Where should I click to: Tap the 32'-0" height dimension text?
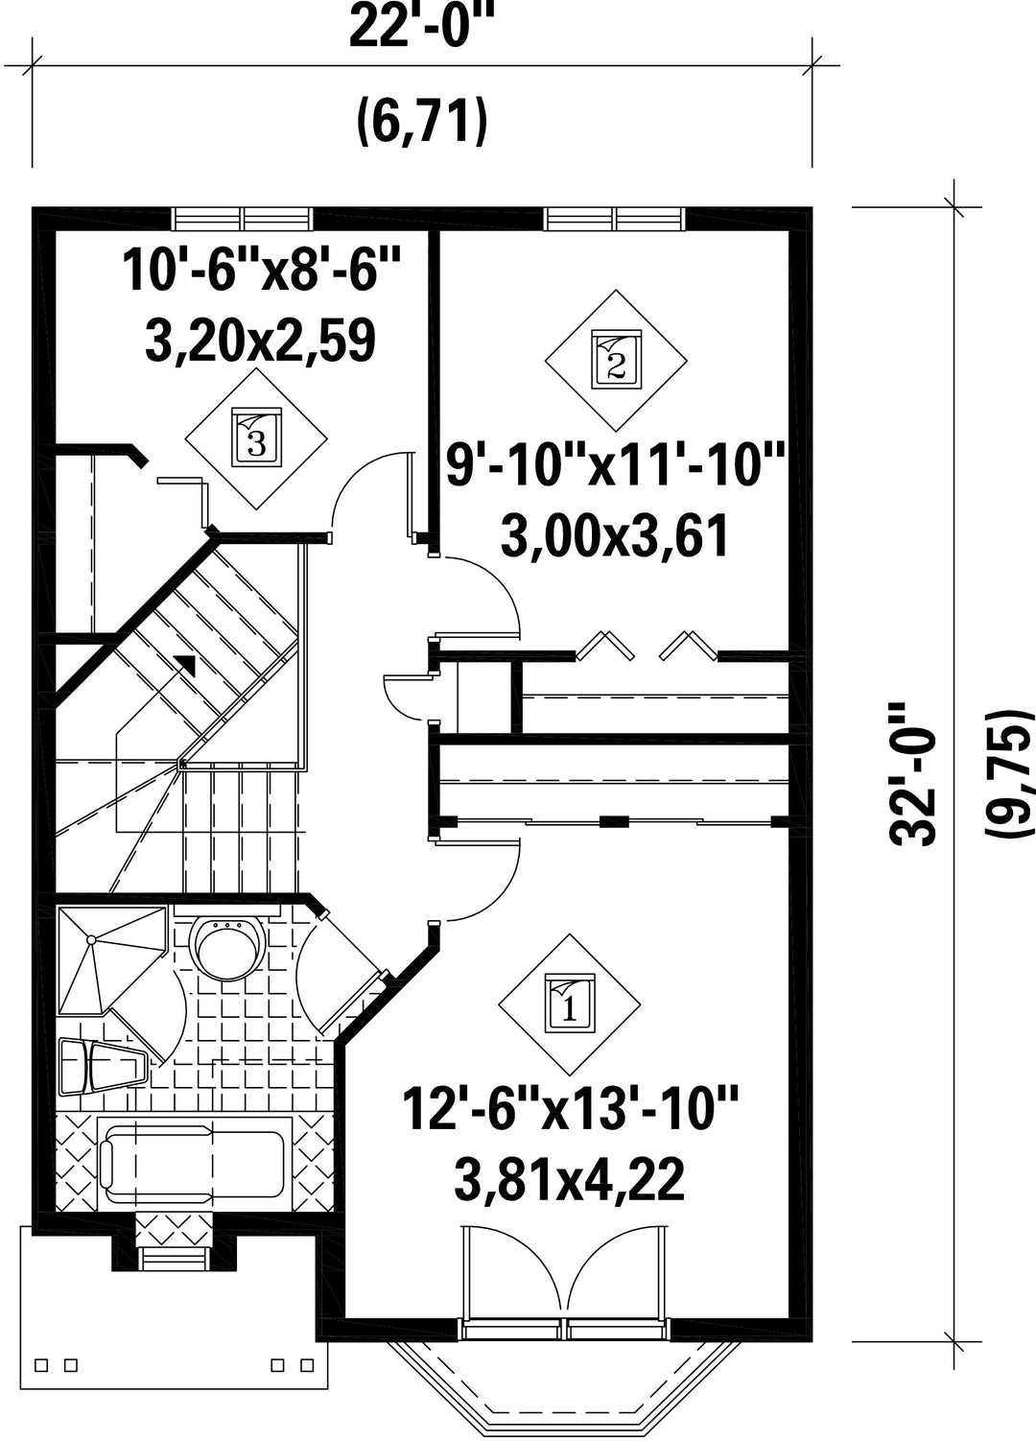click(x=913, y=774)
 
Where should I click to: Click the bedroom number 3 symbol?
click(x=256, y=438)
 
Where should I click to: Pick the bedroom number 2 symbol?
click(x=616, y=361)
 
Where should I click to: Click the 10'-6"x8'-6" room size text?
click(x=262, y=271)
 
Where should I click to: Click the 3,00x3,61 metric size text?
click(x=615, y=535)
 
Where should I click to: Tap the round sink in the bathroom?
click(x=227, y=946)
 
